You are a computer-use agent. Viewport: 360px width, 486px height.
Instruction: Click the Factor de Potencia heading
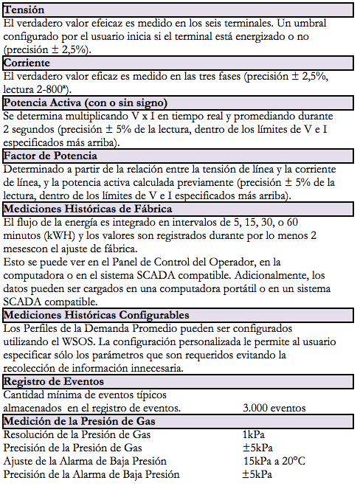point(50,156)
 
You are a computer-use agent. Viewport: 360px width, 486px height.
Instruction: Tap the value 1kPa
point(254,434)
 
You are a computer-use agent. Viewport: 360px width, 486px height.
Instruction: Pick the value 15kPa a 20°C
point(273,461)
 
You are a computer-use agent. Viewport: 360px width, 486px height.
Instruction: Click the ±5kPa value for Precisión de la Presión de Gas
point(258,448)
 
